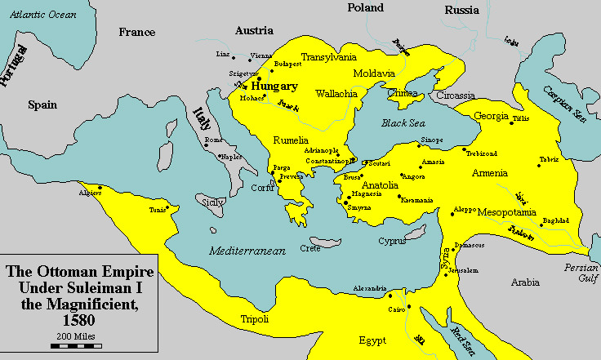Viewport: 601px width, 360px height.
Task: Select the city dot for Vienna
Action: click(248, 58)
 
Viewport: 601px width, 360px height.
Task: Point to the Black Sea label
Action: click(405, 123)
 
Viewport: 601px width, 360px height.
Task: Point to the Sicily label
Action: click(211, 201)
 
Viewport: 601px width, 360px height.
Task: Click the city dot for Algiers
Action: click(100, 189)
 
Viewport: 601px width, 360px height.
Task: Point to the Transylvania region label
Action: click(330, 57)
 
